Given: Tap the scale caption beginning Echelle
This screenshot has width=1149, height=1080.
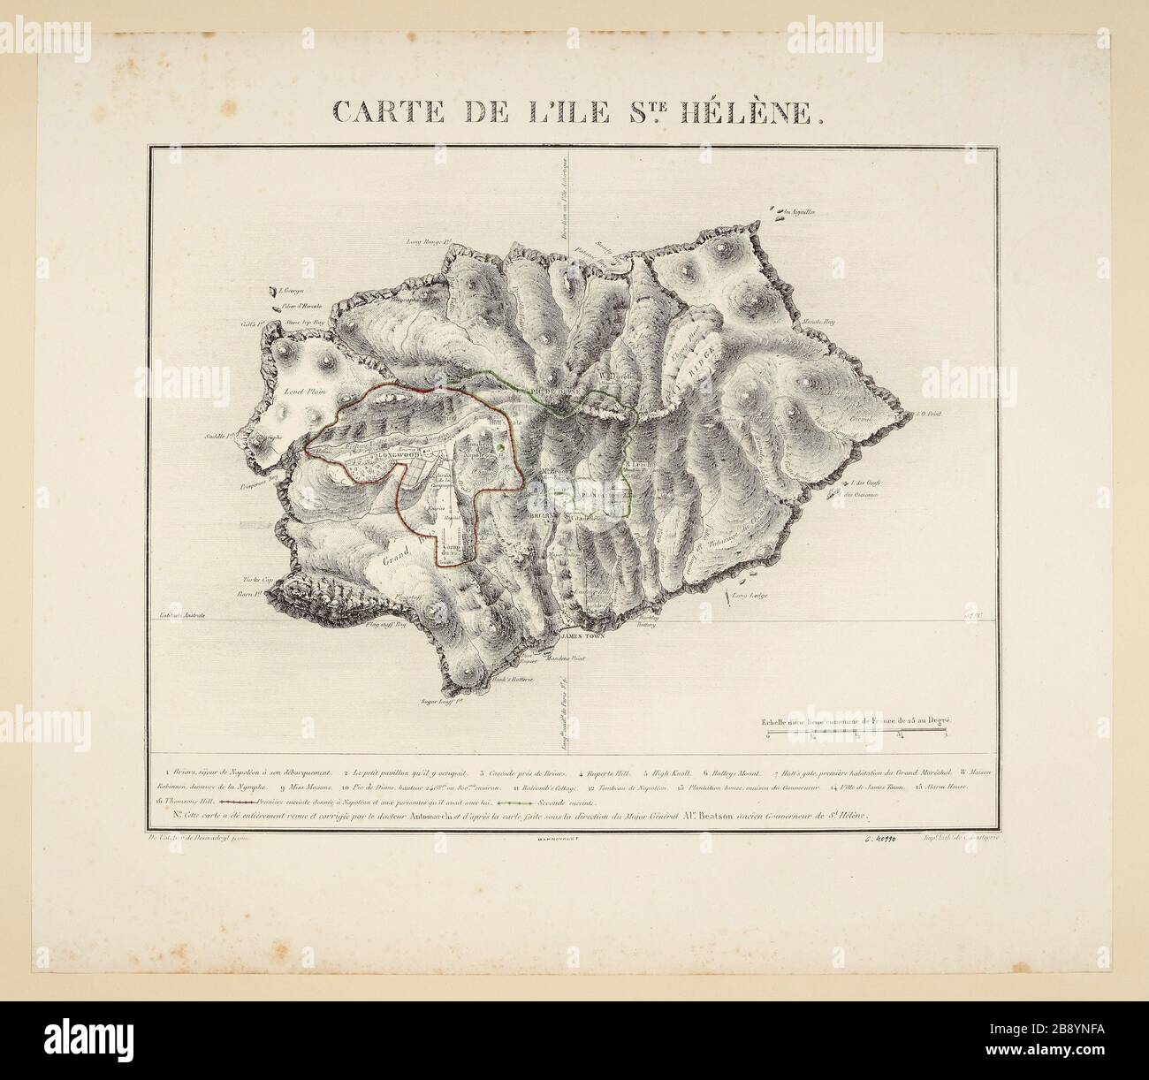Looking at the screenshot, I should [855, 721].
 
